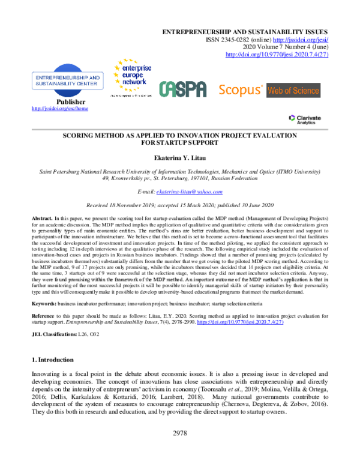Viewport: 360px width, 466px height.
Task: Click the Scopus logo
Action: pyautogui.click(x=239, y=91)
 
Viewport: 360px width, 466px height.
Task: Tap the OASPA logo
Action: pyautogui.click(x=182, y=89)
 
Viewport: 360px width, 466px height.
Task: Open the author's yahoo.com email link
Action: pyautogui.click(x=189, y=192)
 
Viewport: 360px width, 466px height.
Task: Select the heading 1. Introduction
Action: pyautogui.click(x=52, y=360)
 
